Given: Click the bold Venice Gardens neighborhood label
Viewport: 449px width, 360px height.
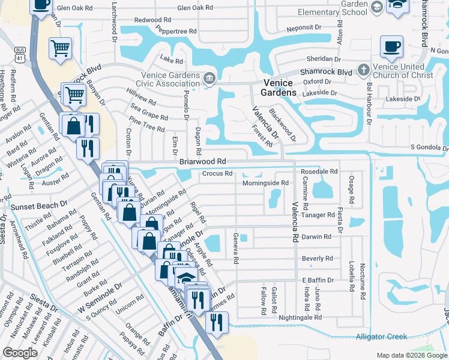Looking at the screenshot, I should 279,88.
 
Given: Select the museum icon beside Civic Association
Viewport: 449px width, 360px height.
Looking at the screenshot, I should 209,77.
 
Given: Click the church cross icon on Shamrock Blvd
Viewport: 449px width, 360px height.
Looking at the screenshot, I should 363,70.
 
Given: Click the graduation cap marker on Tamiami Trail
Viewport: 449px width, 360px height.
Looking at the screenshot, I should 187,278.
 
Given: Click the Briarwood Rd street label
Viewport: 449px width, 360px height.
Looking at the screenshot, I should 202,161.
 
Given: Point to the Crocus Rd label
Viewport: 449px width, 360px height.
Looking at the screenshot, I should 217,174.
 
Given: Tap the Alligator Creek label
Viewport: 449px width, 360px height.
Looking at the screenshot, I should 381,337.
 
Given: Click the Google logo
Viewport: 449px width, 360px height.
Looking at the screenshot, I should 20,353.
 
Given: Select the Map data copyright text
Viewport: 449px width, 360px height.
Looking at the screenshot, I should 411,355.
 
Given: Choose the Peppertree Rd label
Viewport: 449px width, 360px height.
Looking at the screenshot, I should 176,30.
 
